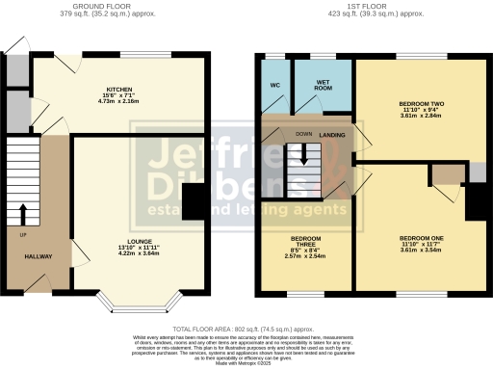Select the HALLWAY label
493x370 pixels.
(39, 255)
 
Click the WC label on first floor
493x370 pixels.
(274, 85)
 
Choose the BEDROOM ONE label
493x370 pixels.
(420, 237)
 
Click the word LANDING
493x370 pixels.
(333, 135)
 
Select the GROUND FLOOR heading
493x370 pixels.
(117, 7)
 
